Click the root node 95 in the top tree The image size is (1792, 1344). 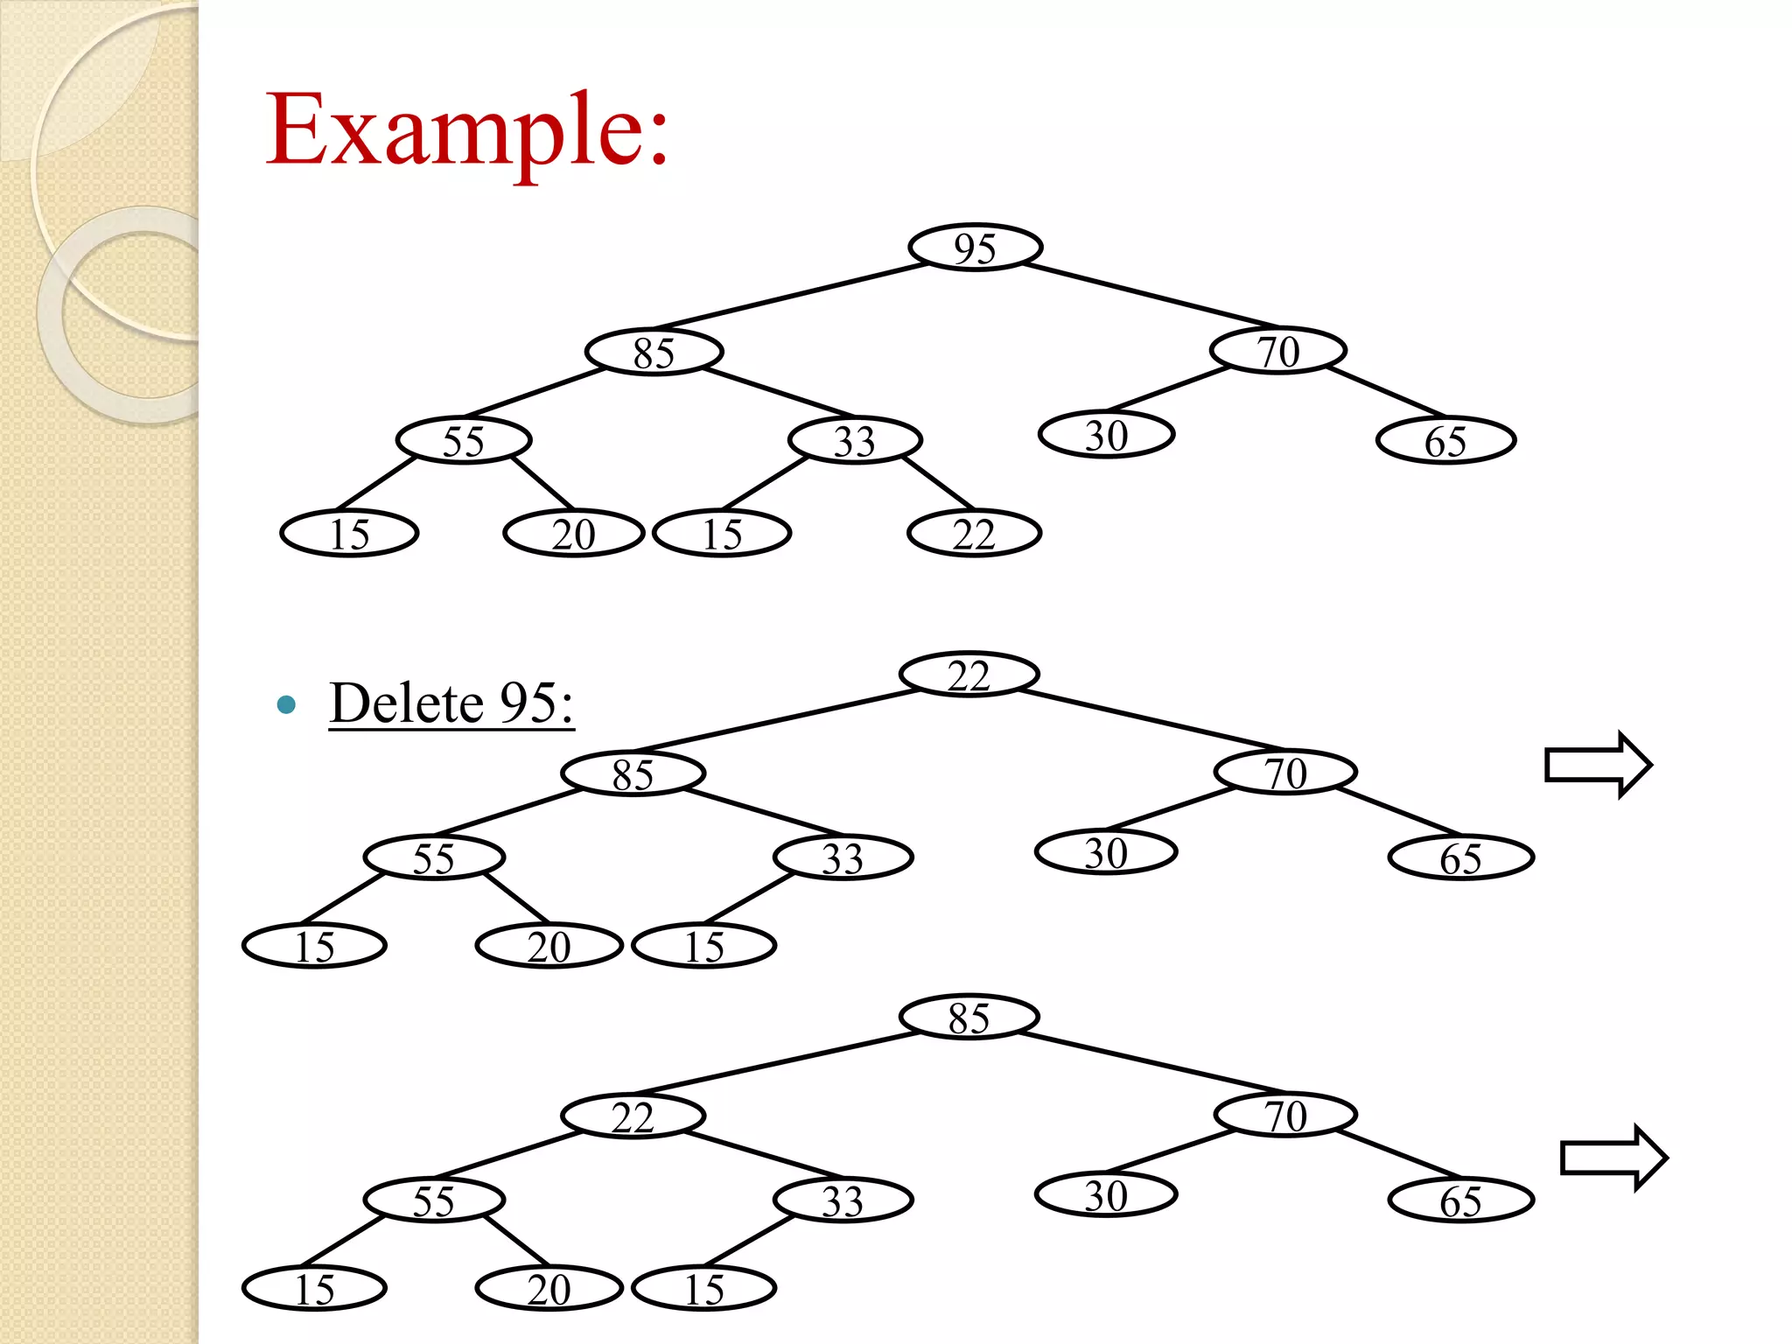(x=975, y=248)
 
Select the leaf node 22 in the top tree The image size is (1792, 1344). (x=974, y=533)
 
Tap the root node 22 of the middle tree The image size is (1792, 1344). (x=969, y=675)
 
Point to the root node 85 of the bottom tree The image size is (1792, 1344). (x=969, y=1017)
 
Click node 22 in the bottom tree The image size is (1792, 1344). (x=633, y=1116)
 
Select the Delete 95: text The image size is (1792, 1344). (x=451, y=703)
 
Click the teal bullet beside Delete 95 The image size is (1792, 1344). (x=286, y=704)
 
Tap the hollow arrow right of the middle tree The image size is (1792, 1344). (x=1597, y=765)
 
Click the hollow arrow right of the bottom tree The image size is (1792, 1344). (x=1613, y=1158)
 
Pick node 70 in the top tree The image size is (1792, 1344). (x=1277, y=351)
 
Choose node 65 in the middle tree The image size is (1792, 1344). (x=1460, y=857)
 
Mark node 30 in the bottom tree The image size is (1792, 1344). (x=1106, y=1195)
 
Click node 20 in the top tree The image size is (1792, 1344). (x=573, y=533)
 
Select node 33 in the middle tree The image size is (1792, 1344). (x=843, y=857)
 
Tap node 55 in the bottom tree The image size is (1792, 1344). (x=434, y=1200)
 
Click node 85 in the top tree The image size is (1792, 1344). (x=654, y=353)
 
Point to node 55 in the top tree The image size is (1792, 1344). (x=463, y=440)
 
